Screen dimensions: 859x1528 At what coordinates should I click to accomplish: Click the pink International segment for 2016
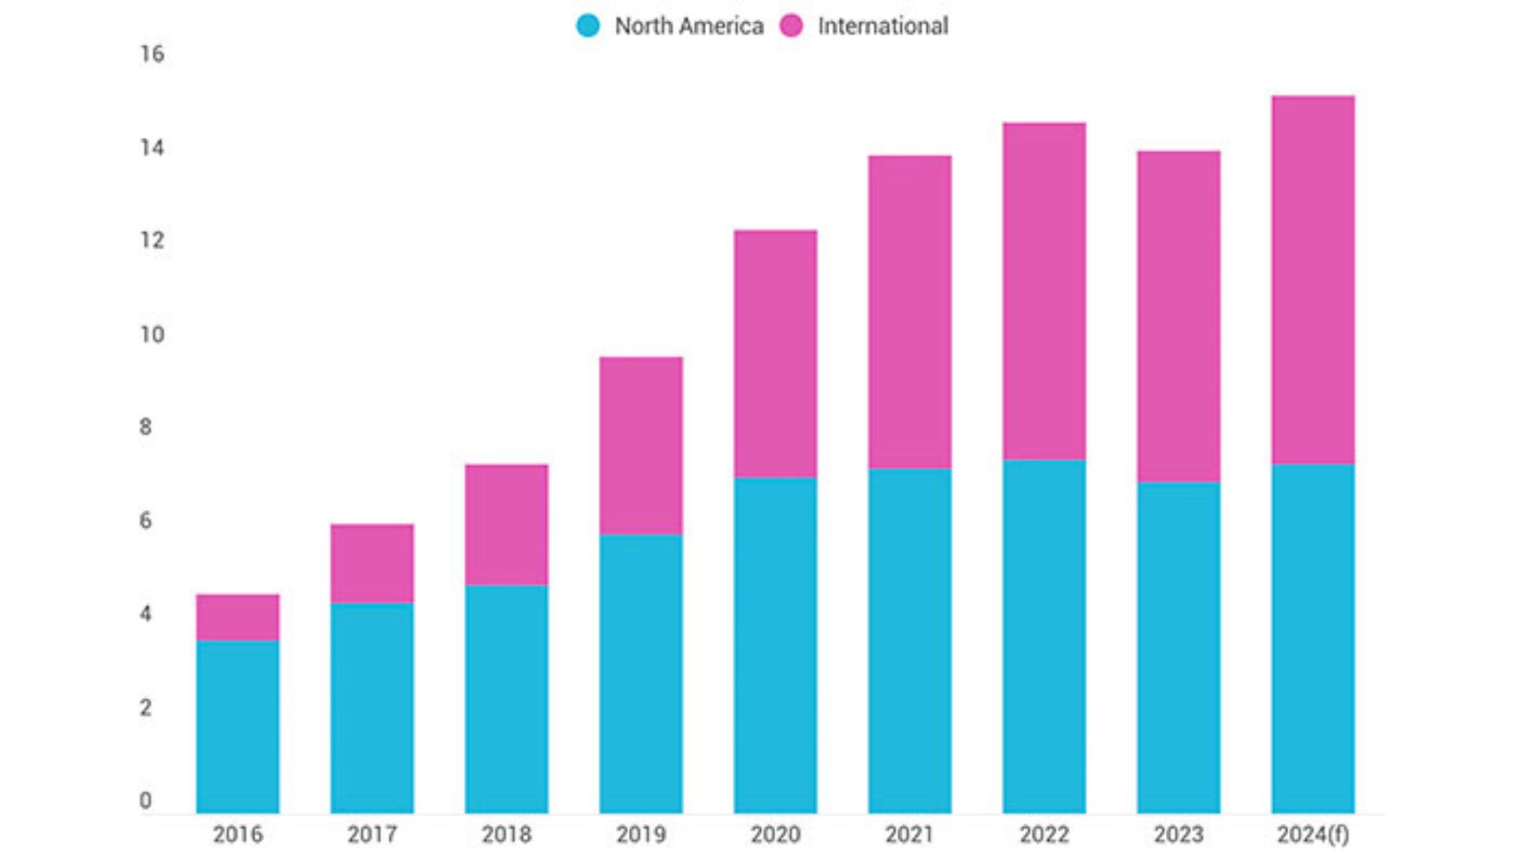(x=237, y=617)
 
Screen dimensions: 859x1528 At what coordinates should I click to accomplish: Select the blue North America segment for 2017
(x=372, y=708)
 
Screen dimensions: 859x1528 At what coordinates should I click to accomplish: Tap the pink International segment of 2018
(x=506, y=525)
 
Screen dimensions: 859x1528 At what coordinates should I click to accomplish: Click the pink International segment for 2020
(x=775, y=354)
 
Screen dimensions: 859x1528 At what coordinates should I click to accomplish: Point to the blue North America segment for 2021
(x=910, y=640)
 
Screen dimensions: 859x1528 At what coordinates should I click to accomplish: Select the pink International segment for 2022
(x=1044, y=291)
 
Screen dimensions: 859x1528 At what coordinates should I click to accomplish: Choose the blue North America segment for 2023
(x=1179, y=647)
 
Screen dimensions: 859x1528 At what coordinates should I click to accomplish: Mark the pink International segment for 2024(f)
(x=1313, y=280)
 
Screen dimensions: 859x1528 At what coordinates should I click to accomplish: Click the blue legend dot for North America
(x=588, y=25)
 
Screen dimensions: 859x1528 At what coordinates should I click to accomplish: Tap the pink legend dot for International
(x=792, y=25)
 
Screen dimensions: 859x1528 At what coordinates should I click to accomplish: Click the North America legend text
(x=689, y=26)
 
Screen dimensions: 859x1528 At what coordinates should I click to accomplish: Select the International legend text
(x=883, y=26)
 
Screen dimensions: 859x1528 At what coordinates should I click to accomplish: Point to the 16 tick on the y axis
(x=152, y=54)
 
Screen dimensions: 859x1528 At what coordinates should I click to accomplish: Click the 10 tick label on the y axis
(x=152, y=335)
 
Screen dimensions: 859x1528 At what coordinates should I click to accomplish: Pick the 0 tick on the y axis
(x=146, y=801)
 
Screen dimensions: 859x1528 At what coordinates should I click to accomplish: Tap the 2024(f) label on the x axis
(x=1313, y=834)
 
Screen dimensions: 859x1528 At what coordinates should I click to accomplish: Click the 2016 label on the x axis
(x=237, y=834)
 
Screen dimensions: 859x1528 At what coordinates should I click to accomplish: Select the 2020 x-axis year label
(x=775, y=834)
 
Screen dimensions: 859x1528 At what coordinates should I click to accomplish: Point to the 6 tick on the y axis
(x=146, y=521)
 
